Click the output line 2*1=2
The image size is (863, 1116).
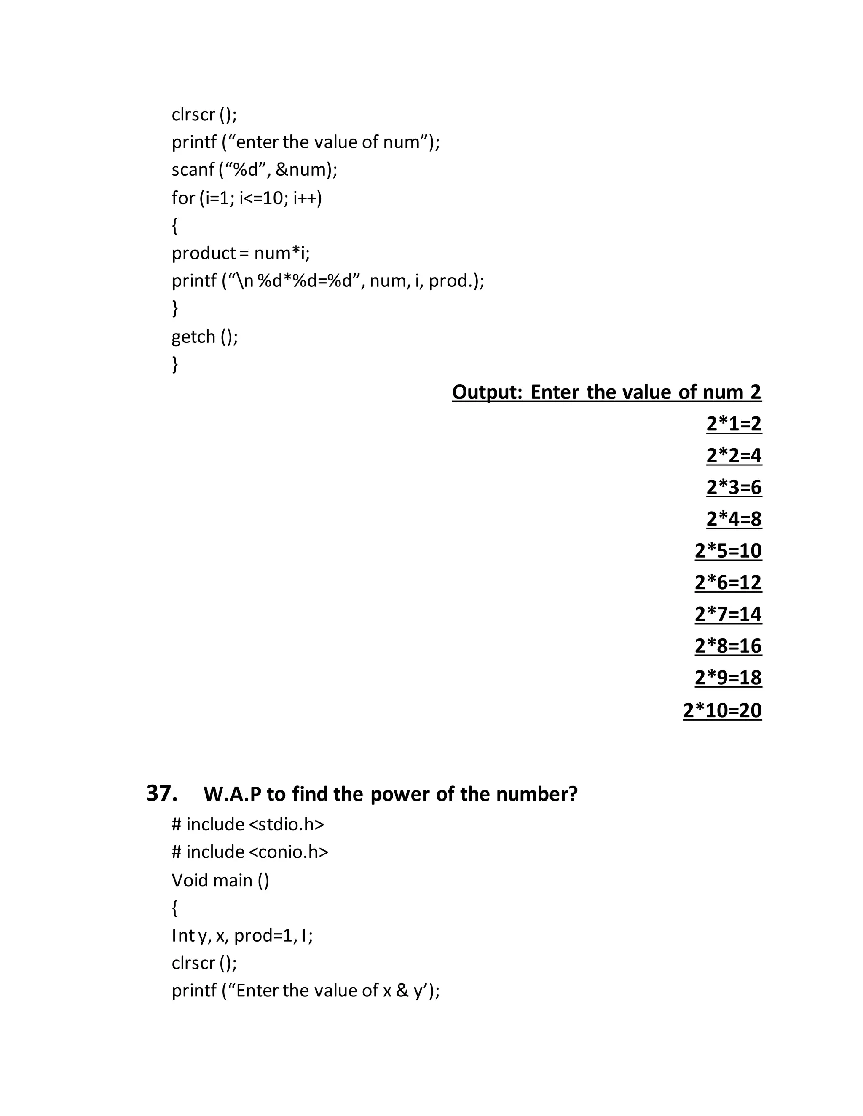pyautogui.click(x=734, y=424)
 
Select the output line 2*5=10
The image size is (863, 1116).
pyautogui.click(x=728, y=550)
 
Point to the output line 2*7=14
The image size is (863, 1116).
pyautogui.click(x=728, y=614)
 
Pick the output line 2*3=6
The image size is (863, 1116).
pyautogui.click(x=734, y=487)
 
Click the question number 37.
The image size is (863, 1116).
pyautogui.click(x=161, y=793)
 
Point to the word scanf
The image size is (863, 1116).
pyautogui.click(x=193, y=169)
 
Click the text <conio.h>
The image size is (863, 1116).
pyautogui.click(x=288, y=852)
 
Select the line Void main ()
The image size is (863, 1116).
pyautogui.click(x=220, y=880)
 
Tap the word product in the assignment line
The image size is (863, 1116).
pyautogui.click(x=204, y=253)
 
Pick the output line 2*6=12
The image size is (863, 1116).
pyautogui.click(x=728, y=582)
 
